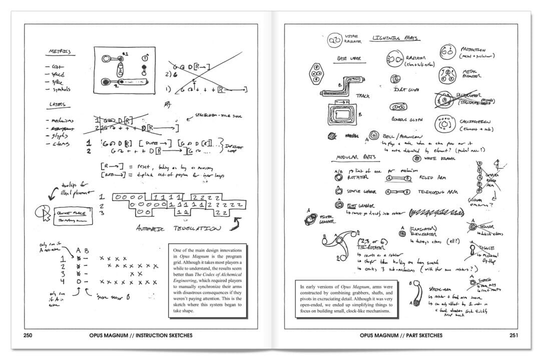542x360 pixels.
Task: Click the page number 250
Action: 28,335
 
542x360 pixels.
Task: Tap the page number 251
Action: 513,335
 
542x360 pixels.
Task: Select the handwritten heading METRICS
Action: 60,51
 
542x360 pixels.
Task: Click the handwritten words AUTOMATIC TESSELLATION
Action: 178,229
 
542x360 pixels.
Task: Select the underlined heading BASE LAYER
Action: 349,58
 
